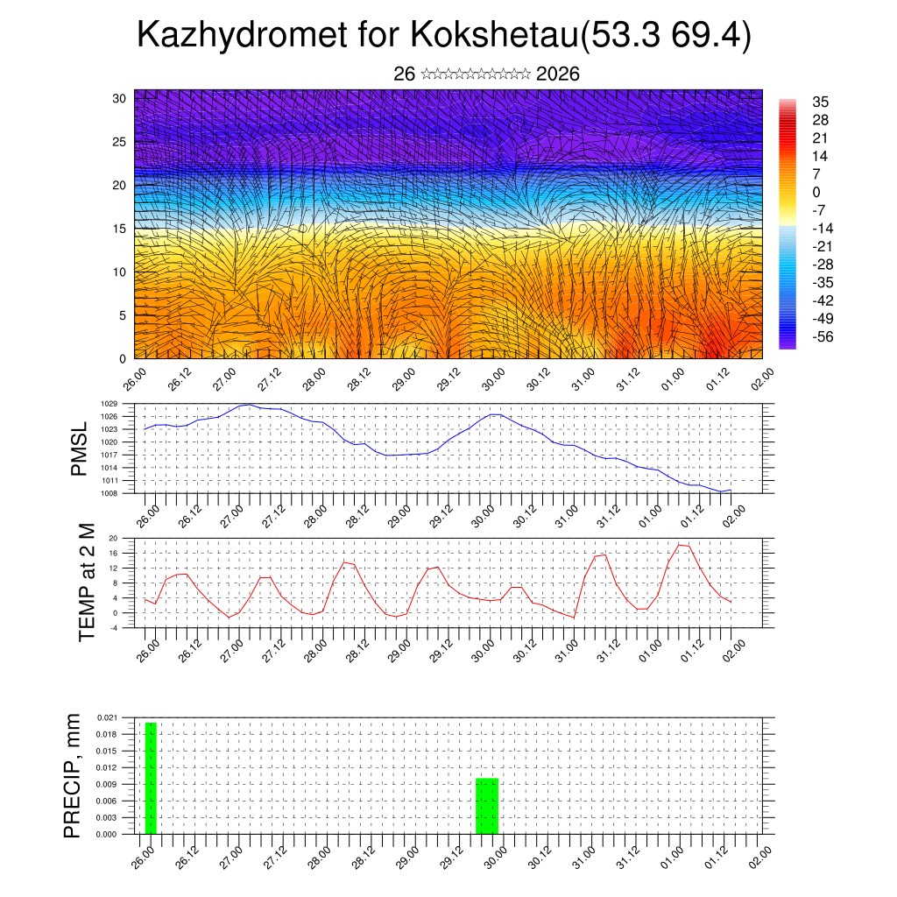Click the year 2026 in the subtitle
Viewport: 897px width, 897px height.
tap(557, 74)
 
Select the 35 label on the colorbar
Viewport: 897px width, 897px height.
tap(820, 102)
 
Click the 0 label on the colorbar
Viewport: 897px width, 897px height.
tap(816, 192)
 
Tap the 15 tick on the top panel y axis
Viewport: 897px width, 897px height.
tap(120, 229)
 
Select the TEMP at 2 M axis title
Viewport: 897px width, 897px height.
tap(86, 582)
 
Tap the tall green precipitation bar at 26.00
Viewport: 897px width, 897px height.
tap(151, 778)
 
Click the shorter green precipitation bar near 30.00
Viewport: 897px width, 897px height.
tap(487, 806)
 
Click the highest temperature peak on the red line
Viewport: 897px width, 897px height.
tap(680, 545)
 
